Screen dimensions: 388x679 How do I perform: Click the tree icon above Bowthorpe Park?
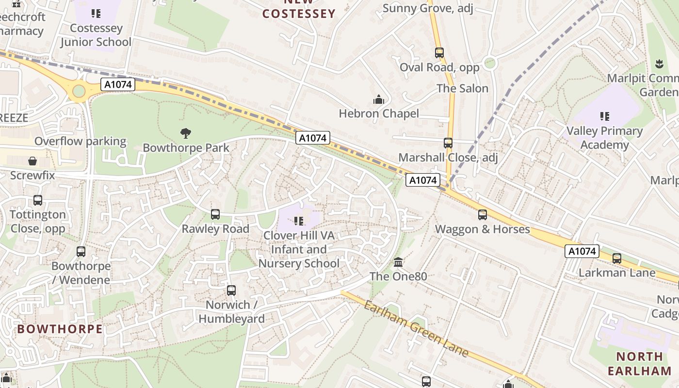point(185,133)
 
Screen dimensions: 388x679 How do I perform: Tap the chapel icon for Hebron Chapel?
point(379,100)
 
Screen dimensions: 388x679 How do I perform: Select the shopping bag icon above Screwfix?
point(32,161)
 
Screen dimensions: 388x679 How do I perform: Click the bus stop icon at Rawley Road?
point(215,214)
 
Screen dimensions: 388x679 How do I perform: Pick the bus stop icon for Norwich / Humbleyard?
point(231,291)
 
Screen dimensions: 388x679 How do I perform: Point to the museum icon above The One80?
point(398,262)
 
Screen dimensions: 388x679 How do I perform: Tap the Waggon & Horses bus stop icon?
point(482,215)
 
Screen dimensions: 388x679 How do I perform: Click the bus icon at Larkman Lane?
point(616,259)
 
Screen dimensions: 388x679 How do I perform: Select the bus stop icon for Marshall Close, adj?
point(448,143)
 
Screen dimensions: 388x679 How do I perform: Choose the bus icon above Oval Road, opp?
point(439,53)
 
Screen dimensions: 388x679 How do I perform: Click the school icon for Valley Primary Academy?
point(604,116)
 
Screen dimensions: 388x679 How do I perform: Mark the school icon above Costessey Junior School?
point(96,14)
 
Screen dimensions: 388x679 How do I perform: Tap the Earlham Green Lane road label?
point(416,329)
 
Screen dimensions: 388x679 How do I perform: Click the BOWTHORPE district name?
point(60,329)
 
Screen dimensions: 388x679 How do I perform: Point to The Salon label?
point(462,88)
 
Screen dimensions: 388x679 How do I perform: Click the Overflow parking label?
point(80,142)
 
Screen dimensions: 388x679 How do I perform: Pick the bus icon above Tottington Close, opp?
point(38,200)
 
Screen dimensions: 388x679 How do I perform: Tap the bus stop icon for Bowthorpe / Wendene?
point(81,252)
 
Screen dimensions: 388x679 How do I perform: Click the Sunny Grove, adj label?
point(428,8)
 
